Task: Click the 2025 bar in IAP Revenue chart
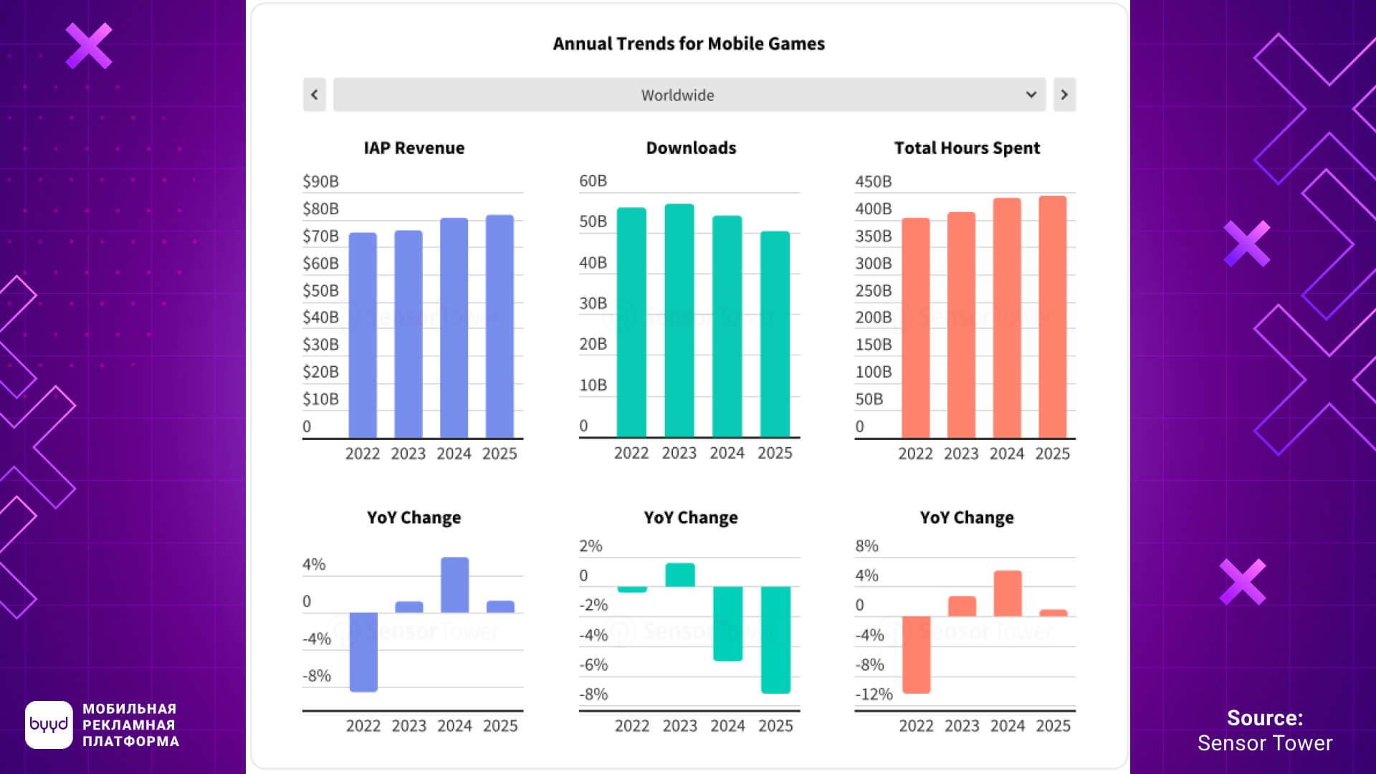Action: coord(500,326)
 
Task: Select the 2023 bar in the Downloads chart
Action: coord(679,320)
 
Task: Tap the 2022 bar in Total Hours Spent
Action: coord(915,328)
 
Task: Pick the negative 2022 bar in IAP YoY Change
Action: coord(363,651)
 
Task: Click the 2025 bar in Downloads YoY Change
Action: coord(775,639)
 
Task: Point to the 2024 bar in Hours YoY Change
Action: coord(1007,593)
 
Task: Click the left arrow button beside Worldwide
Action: coord(314,95)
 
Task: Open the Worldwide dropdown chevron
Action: coord(1031,95)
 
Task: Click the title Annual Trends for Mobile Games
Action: coord(689,44)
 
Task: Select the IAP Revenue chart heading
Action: coord(414,148)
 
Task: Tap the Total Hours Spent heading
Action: coord(967,148)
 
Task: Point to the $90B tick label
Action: coord(320,181)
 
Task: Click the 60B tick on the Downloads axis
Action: coord(593,181)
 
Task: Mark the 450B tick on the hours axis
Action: coord(873,181)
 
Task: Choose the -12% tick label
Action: coord(874,694)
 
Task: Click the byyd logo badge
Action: coord(49,725)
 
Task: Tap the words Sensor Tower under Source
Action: coord(1265,743)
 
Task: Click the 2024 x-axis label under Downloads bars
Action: coord(727,453)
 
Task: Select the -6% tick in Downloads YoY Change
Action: coord(593,664)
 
